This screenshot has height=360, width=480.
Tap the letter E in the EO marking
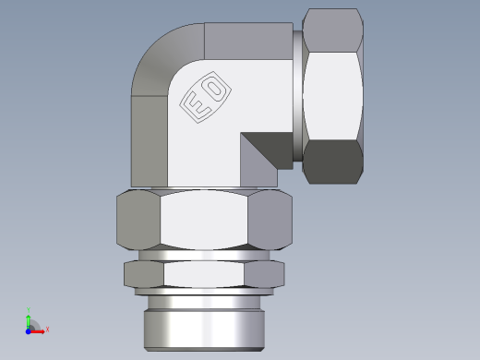(x=198, y=104)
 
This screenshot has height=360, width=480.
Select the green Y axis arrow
(x=29, y=318)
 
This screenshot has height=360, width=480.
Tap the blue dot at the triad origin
(x=30, y=329)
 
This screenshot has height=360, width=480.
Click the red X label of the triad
(x=47, y=329)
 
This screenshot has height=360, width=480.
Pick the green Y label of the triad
(x=29, y=309)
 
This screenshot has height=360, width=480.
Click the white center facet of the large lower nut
(x=207, y=222)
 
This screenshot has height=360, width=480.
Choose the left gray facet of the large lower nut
(x=138, y=222)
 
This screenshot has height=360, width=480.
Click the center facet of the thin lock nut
(x=207, y=273)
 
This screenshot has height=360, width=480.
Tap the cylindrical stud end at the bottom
(x=207, y=329)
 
